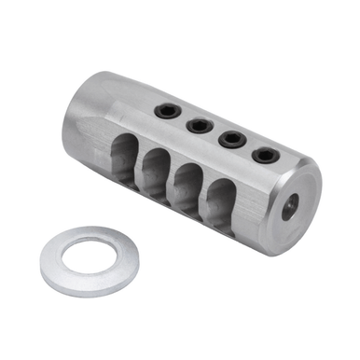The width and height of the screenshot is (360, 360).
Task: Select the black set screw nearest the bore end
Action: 266,155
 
